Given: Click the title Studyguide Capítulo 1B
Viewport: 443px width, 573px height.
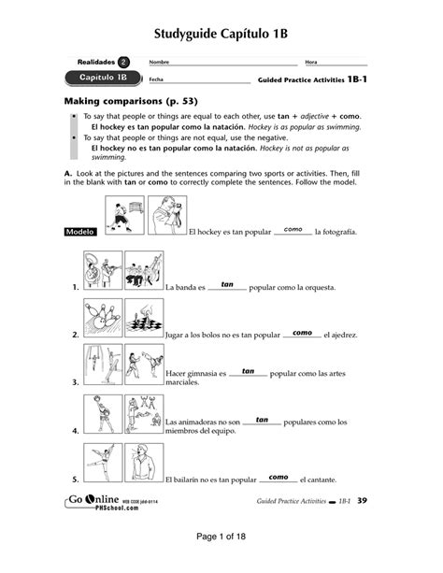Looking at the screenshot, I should [221, 35].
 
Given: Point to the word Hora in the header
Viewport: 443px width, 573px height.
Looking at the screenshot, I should [311, 62].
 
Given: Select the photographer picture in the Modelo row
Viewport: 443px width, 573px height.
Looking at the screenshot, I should [165, 216].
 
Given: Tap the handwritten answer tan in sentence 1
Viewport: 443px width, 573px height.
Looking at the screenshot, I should [227, 283].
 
